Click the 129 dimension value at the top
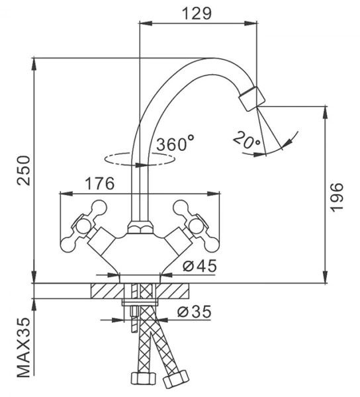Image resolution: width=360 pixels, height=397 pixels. click(197, 13)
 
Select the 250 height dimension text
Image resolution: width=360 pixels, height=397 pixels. click(24, 171)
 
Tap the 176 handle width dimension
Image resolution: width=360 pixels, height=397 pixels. click(99, 183)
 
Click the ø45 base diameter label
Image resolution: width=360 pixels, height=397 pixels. click(200, 265)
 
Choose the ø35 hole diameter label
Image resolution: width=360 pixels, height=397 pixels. click(194, 312)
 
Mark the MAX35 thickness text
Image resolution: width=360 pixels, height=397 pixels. click(24, 351)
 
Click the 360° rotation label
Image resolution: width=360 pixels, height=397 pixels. click(175, 143)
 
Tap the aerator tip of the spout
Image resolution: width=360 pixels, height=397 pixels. click(252, 99)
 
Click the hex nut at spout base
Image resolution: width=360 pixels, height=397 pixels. click(140, 227)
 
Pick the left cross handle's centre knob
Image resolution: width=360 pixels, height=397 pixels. click(83, 226)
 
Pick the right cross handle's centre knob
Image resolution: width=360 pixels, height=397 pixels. click(197, 226)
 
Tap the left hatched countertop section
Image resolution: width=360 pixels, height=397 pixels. click(108, 290)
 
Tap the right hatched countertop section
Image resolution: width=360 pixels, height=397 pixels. click(172, 290)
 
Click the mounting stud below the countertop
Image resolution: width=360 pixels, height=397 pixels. click(134, 319)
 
